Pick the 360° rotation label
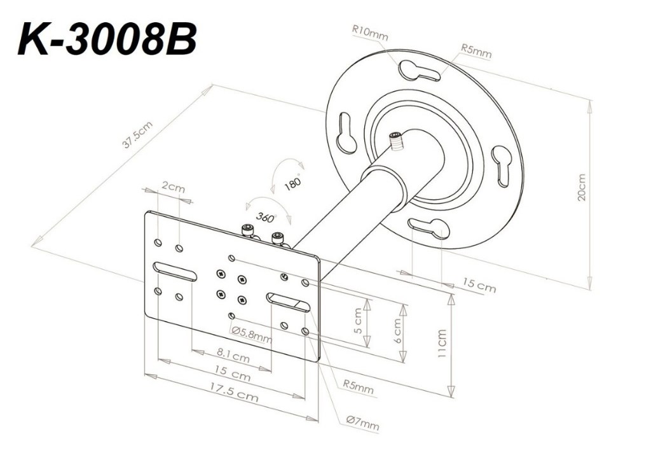265,216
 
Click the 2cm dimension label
172,188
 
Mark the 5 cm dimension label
359,321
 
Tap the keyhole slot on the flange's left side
346,132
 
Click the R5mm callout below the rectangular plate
358,386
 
